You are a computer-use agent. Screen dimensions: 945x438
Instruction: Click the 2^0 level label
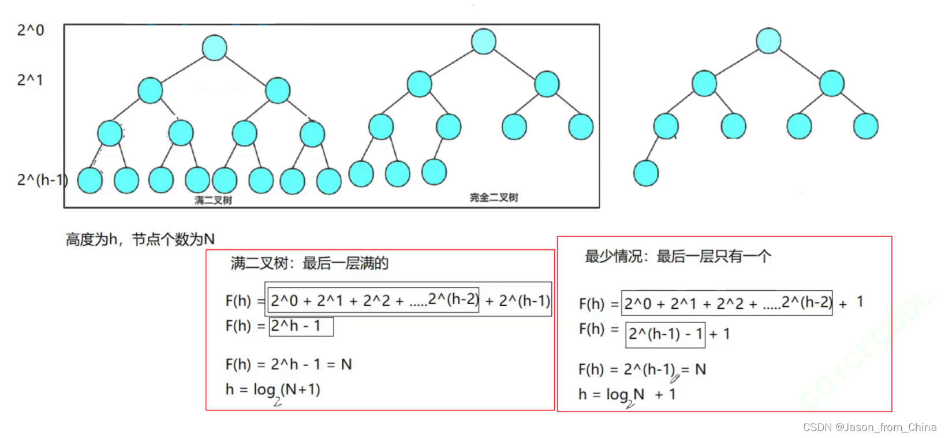(x=31, y=30)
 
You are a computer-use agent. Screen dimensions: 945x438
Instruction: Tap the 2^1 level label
(x=30, y=80)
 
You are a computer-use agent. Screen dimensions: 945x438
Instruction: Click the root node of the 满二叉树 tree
(x=214, y=48)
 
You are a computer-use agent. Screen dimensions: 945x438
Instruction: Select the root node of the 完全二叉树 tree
(x=483, y=41)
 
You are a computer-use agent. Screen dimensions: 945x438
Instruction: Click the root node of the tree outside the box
(x=768, y=40)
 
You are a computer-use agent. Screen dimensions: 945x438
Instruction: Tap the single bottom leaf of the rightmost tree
(x=645, y=173)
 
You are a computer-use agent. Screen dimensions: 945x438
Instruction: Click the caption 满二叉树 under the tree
(x=213, y=200)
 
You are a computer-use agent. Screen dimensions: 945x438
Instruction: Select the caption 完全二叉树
(x=494, y=197)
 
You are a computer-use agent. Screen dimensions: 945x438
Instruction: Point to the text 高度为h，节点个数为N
(x=140, y=239)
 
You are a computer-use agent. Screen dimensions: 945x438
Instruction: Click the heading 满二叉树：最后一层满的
(x=309, y=264)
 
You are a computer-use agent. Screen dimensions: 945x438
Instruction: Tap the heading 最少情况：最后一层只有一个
(x=678, y=256)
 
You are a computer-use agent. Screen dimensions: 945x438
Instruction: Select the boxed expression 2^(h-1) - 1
(x=665, y=334)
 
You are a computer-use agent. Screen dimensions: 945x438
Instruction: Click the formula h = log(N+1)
(x=272, y=390)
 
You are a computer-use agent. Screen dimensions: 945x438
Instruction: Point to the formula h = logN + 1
(x=627, y=395)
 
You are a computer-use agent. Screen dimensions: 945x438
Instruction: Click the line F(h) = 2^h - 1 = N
(x=289, y=364)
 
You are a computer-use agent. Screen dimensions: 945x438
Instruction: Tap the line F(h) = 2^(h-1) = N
(x=642, y=369)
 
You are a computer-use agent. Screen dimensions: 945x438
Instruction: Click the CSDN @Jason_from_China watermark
(x=869, y=427)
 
